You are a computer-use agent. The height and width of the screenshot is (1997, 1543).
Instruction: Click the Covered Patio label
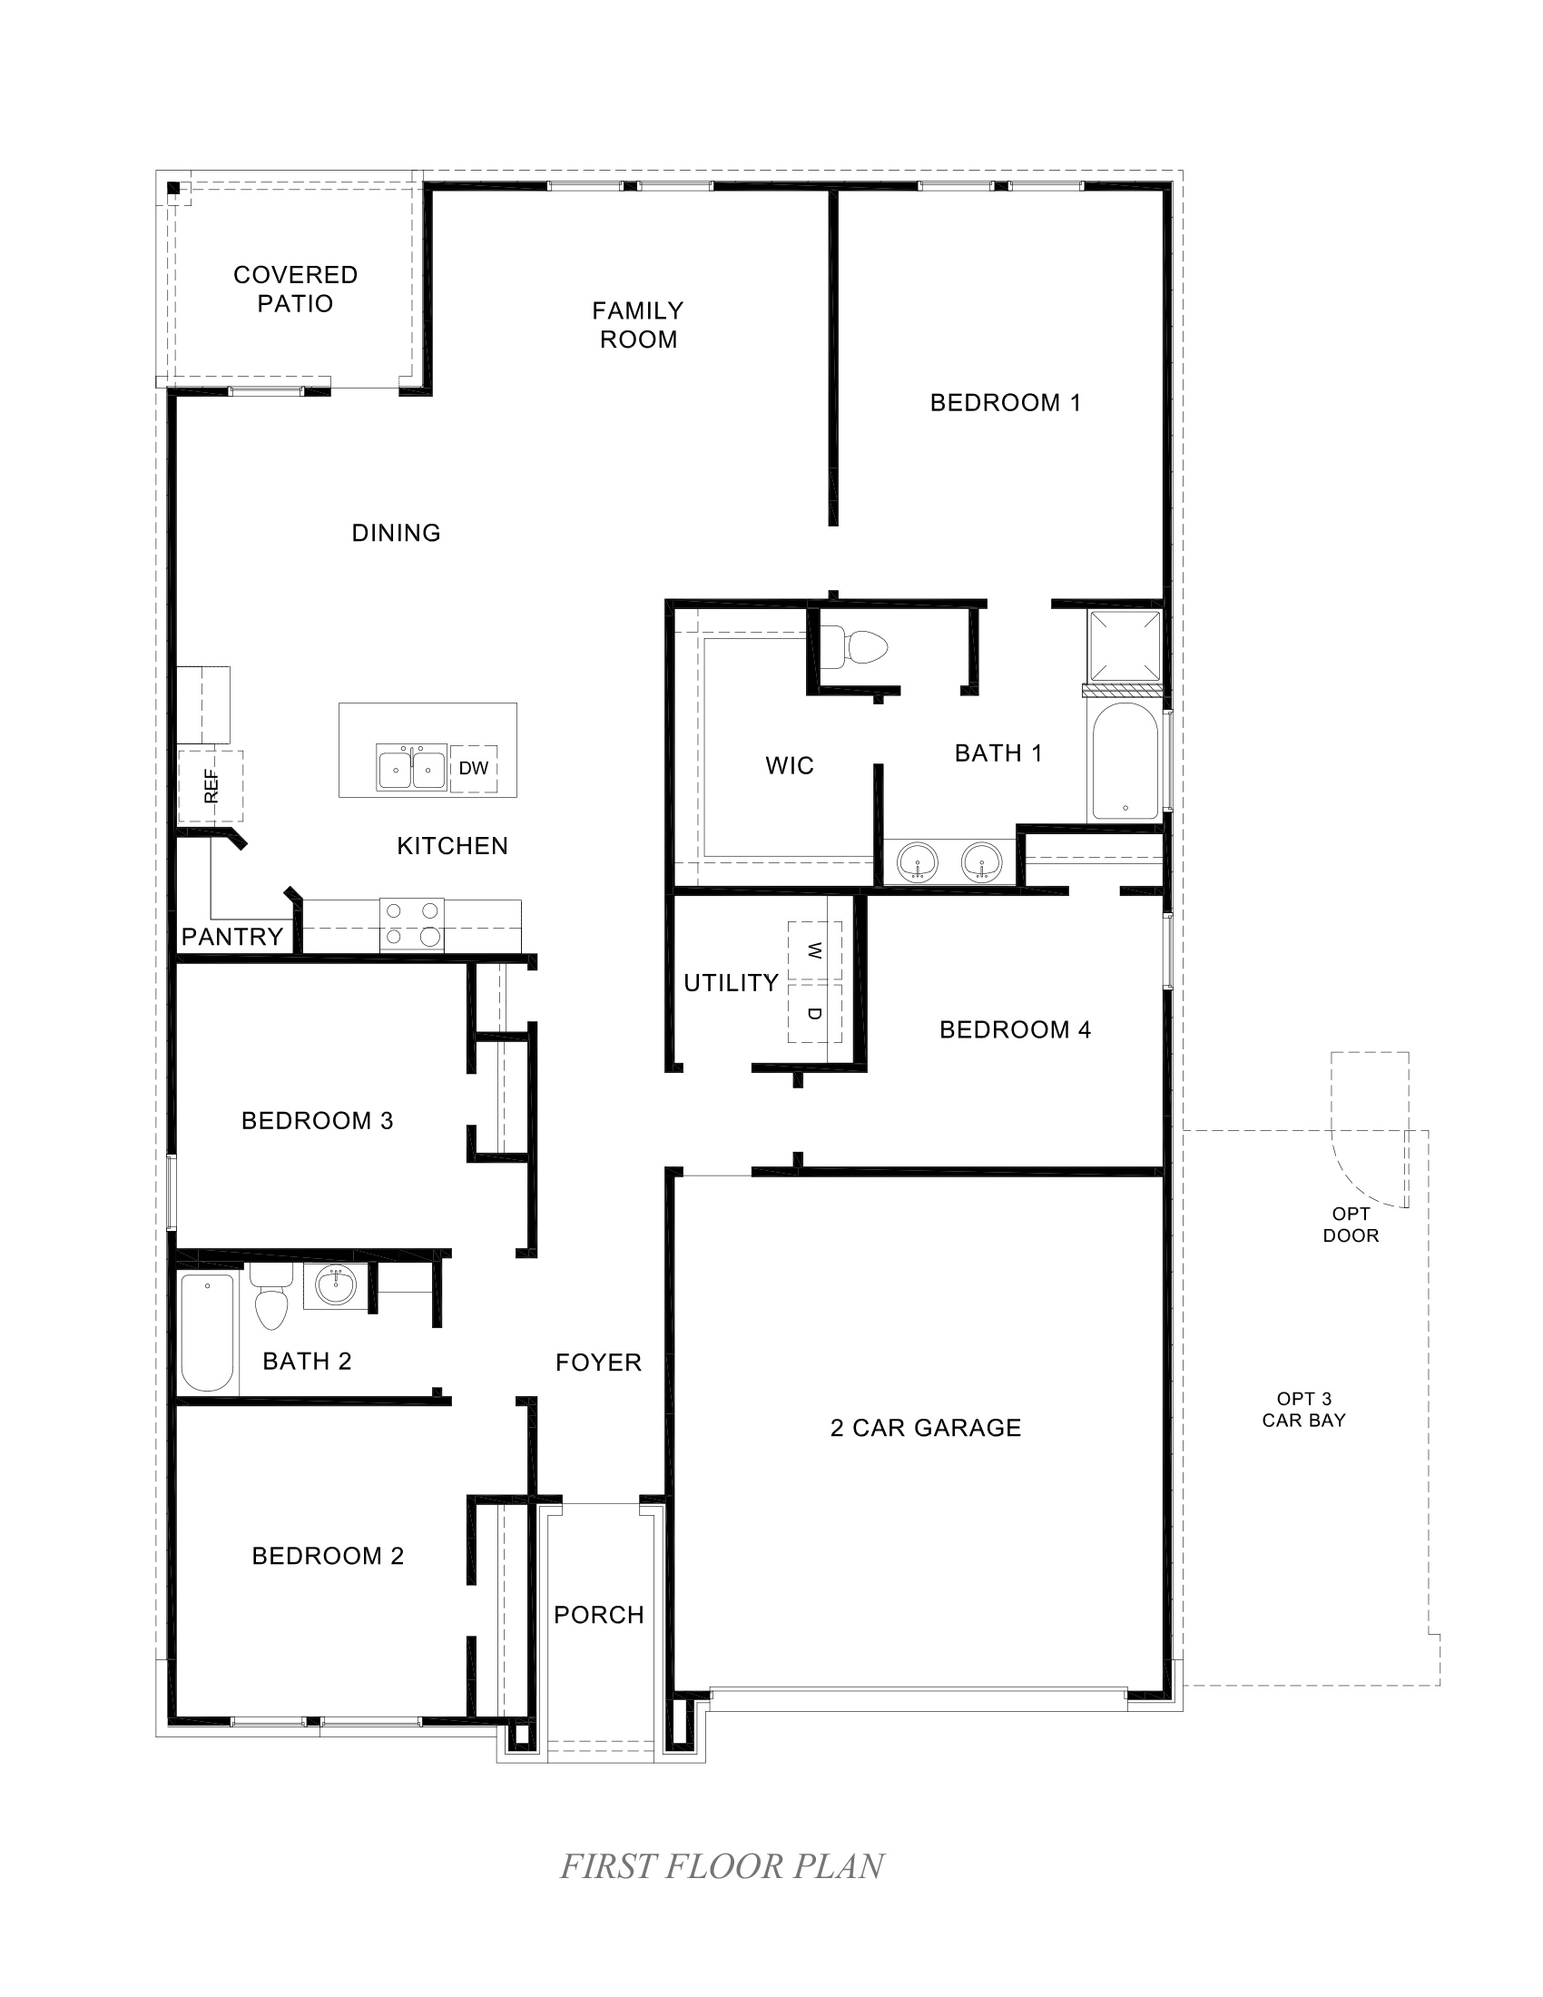(x=295, y=289)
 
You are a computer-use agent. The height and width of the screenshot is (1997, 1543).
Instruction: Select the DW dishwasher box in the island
(x=474, y=769)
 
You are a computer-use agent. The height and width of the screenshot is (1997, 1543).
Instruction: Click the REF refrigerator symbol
(x=211, y=786)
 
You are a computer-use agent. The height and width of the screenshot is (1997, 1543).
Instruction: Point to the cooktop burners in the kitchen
(x=412, y=924)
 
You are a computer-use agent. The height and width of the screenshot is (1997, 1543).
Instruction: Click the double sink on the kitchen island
(x=412, y=767)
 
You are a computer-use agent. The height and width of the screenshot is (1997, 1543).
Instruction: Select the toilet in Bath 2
(x=271, y=1299)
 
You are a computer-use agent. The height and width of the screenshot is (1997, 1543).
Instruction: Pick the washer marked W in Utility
(x=814, y=951)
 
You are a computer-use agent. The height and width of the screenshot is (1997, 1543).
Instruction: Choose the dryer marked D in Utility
(x=814, y=1012)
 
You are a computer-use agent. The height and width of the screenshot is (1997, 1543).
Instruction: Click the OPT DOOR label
(x=1351, y=1225)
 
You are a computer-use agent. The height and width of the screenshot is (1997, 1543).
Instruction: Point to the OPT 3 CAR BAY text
(x=1303, y=1409)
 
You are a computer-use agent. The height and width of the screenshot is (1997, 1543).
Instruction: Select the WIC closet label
(x=790, y=765)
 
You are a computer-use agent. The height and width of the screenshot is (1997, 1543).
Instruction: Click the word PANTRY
(x=232, y=937)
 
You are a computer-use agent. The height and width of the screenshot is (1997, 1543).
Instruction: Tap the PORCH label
(x=599, y=1615)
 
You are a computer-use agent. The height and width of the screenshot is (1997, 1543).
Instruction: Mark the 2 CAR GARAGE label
(x=925, y=1427)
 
